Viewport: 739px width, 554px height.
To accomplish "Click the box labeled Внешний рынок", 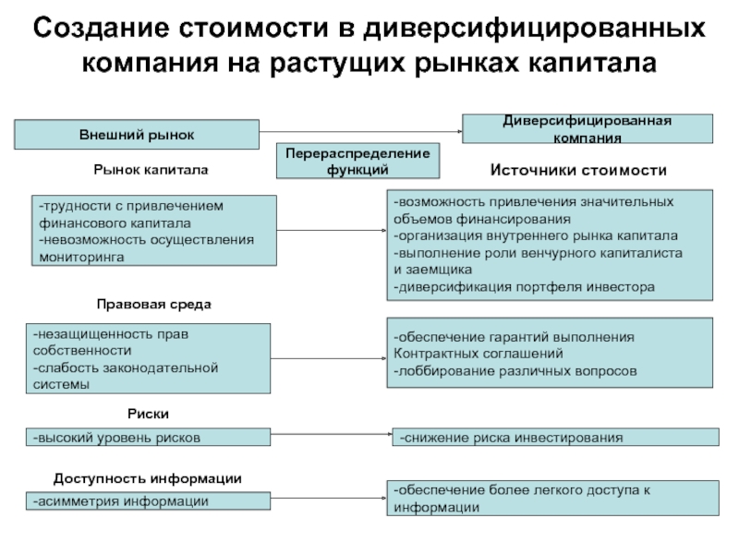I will pyautogui.click(x=136, y=134).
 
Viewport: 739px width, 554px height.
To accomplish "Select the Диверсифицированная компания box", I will pyautogui.click(x=588, y=128).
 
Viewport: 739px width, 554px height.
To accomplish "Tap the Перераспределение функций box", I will pyautogui.click(x=358, y=161).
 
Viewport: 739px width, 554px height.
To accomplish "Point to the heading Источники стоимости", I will pyautogui.click(x=577, y=171).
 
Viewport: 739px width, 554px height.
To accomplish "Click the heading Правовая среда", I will pyautogui.click(x=154, y=304).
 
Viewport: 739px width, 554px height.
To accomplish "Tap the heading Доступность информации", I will pyautogui.click(x=148, y=478).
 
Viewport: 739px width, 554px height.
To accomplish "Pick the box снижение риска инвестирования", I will pyautogui.click(x=555, y=437).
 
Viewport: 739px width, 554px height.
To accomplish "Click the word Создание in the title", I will pyautogui.click(x=93, y=30).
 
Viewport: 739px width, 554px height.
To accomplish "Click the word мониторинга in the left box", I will pyautogui.click(x=81, y=258).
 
